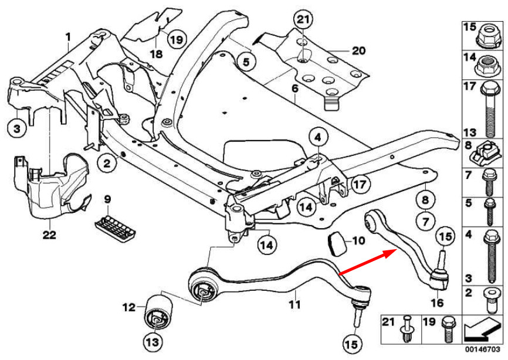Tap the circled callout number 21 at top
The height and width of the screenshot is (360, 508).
click(x=302, y=20)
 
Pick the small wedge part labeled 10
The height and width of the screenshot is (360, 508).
click(x=336, y=242)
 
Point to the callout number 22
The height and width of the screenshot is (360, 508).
click(x=50, y=236)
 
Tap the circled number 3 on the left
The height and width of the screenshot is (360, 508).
click(x=16, y=128)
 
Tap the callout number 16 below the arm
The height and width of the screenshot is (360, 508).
click(x=437, y=303)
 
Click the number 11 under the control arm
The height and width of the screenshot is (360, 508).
click(x=294, y=305)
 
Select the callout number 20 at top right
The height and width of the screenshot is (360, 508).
click(x=359, y=51)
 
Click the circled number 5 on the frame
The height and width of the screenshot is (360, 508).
click(x=246, y=60)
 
